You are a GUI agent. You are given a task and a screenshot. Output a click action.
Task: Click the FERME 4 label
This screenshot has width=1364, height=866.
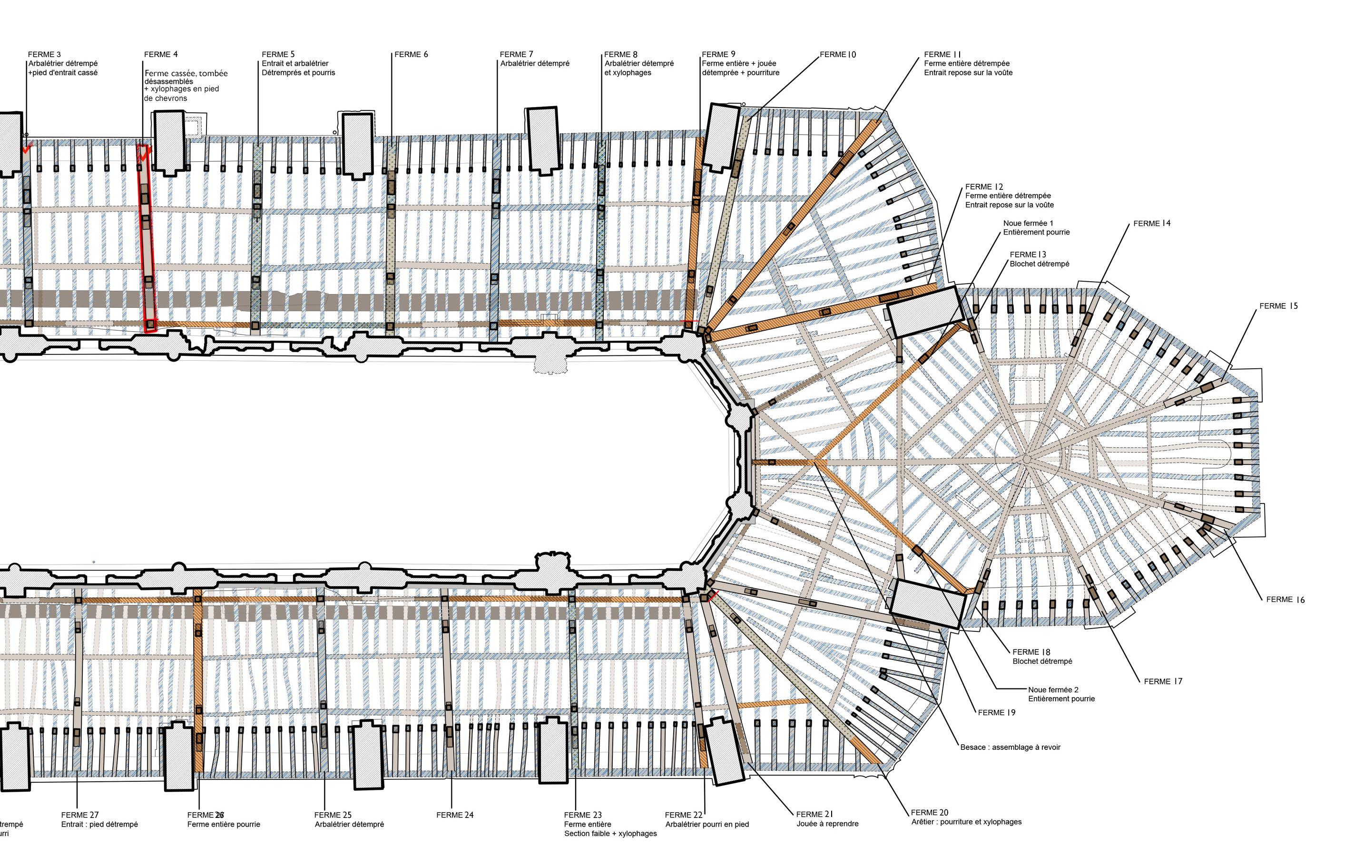160,54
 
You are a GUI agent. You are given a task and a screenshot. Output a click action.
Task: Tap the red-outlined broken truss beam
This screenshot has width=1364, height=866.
146,238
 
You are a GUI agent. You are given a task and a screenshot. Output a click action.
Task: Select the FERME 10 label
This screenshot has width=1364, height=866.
838,54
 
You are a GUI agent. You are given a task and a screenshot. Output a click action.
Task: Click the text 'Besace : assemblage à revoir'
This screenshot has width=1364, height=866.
1010,747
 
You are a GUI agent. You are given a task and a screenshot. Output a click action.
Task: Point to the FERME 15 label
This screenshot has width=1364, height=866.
1278,306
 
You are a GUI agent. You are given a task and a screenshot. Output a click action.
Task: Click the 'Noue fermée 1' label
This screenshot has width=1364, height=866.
1028,223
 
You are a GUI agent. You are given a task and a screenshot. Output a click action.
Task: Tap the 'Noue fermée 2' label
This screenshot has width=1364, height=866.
1053,689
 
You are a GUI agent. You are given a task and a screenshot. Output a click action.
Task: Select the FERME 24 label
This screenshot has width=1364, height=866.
455,815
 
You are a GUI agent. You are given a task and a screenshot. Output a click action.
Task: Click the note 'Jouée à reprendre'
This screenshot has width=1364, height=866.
827,824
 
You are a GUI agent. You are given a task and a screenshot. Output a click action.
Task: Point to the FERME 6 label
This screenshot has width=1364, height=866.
411,54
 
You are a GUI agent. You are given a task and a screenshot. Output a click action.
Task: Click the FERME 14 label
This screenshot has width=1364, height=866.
1152,224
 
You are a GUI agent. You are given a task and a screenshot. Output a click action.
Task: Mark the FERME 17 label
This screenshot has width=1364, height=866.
1163,681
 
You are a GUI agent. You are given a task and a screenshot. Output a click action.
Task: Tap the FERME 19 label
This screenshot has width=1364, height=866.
996,712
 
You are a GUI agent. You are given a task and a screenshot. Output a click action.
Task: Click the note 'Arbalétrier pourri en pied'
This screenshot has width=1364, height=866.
707,824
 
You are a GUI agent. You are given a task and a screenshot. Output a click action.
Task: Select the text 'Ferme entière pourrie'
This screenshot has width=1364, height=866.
224,824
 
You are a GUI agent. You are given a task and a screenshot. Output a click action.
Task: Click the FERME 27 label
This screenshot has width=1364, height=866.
80,815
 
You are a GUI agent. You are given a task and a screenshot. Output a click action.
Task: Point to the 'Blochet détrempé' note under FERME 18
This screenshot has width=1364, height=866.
1042,661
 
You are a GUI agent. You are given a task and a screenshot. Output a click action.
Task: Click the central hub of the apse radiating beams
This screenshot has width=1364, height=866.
1026,459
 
